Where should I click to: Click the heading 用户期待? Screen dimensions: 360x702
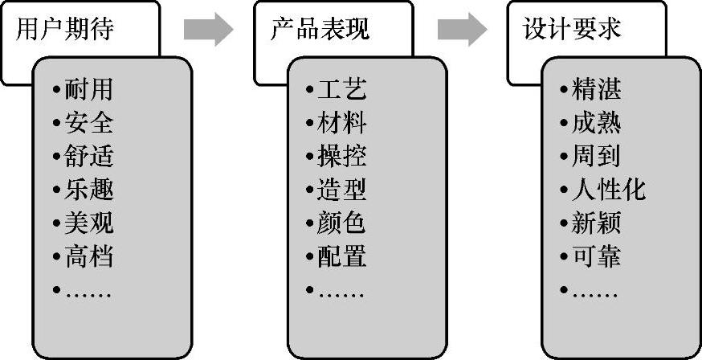pos(65,30)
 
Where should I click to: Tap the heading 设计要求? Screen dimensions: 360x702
pos(573,30)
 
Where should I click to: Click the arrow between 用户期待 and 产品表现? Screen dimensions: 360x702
pos(208,30)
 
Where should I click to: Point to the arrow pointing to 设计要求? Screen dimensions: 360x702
pos(462,30)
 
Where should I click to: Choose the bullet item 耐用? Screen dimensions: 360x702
pos(89,89)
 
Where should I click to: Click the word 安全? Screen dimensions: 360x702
pos(89,123)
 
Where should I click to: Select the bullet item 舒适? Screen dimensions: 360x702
pos(89,157)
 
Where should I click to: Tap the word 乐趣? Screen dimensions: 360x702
pos(89,190)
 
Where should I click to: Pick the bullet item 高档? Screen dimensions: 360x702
pos(89,257)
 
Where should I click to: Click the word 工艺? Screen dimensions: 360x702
pos(342,89)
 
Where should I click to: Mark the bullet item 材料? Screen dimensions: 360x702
pos(342,123)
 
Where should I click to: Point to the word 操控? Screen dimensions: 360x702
pos(342,157)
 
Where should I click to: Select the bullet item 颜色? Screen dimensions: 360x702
pos(342,223)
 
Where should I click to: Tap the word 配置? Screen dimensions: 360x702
pos(342,257)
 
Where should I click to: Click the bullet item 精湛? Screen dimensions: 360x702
pos(596,89)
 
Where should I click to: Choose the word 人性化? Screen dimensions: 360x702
pos(608,190)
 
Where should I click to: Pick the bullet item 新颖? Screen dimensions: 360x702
pos(596,223)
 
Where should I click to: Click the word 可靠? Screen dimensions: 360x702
pos(596,257)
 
